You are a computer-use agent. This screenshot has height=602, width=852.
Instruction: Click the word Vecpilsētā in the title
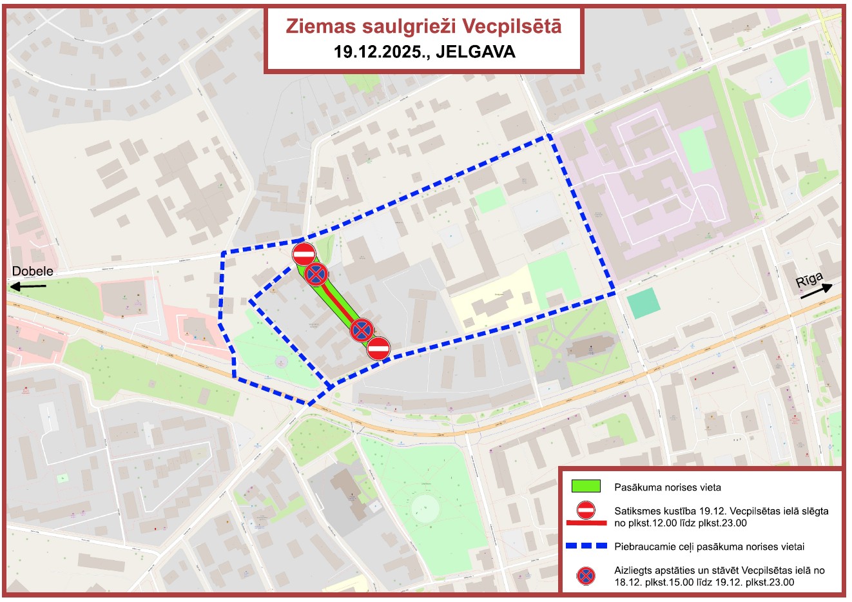click(x=512, y=26)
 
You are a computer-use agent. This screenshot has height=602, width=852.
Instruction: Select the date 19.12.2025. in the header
click(x=382, y=52)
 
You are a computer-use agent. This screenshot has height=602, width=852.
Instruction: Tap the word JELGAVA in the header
click(x=476, y=52)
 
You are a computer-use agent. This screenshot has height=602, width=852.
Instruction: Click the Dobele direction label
click(x=33, y=271)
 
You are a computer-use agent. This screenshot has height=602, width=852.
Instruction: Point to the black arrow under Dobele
click(x=30, y=285)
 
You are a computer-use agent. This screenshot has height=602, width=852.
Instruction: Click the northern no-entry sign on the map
click(x=304, y=253)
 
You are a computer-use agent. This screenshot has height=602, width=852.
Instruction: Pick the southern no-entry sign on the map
click(x=379, y=348)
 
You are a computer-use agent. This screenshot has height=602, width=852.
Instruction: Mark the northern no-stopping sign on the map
click(x=316, y=275)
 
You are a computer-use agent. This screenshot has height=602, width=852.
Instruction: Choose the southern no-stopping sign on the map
click(x=362, y=331)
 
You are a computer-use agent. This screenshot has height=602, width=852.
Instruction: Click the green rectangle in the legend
click(x=586, y=487)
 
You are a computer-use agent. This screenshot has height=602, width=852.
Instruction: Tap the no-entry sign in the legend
click(x=586, y=510)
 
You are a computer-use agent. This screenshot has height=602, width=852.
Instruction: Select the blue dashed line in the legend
click(x=586, y=546)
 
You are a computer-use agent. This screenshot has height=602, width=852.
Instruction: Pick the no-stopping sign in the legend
click(x=586, y=576)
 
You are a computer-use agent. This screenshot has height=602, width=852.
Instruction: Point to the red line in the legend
click(x=586, y=523)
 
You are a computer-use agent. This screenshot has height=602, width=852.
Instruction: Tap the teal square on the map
click(x=643, y=303)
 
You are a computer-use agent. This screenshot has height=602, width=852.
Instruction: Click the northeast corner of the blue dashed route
click(x=549, y=136)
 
